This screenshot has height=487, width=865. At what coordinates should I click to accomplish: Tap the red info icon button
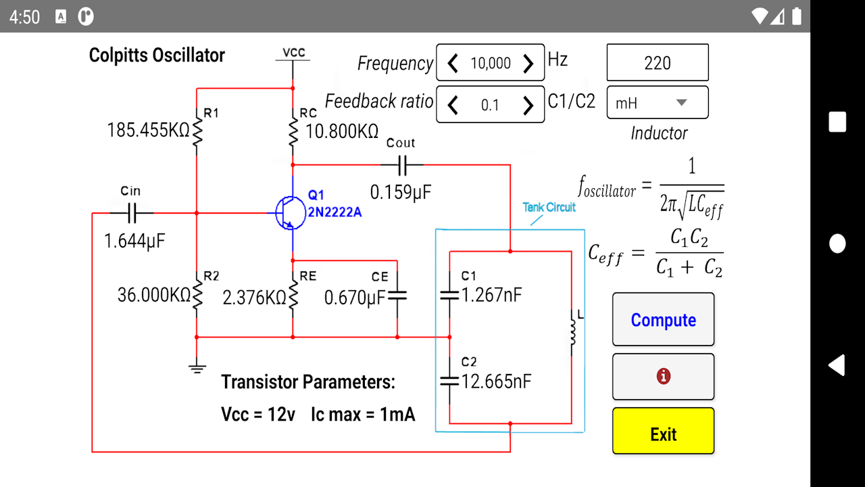(x=663, y=377)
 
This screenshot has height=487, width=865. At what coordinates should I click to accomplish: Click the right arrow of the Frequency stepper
(x=528, y=64)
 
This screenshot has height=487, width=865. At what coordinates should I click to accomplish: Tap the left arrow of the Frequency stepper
(x=453, y=64)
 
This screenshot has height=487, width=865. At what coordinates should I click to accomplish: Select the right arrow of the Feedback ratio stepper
(x=528, y=105)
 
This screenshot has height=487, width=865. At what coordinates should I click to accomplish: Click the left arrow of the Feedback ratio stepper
(x=453, y=105)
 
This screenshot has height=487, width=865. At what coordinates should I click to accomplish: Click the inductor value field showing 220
(x=658, y=63)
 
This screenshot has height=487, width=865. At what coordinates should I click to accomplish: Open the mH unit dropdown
(x=658, y=103)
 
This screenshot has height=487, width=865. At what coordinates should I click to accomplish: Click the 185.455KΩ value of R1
(x=149, y=130)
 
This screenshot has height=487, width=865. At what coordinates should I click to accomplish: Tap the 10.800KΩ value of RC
(x=342, y=131)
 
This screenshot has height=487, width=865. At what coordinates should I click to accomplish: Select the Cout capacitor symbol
(x=401, y=164)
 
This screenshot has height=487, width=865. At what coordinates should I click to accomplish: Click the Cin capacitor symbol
(x=131, y=214)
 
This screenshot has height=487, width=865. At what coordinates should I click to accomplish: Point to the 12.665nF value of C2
(x=496, y=381)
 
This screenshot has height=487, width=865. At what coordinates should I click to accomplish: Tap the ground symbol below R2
(x=197, y=368)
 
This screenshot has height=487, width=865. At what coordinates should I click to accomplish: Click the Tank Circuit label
(x=549, y=207)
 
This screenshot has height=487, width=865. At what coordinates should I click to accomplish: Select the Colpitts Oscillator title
(x=157, y=55)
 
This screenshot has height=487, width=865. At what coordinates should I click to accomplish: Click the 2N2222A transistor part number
(x=335, y=212)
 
